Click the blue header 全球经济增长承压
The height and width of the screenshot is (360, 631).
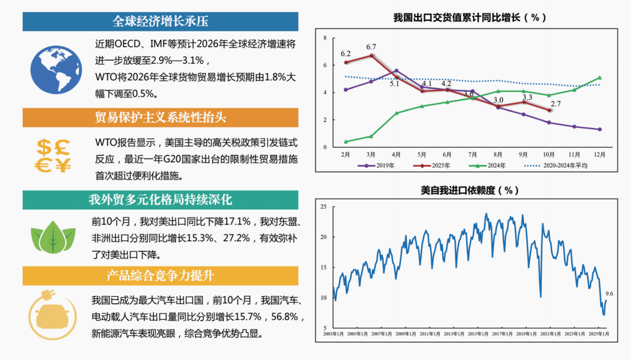coord(160,22)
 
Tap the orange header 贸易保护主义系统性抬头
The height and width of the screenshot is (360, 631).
coord(160,117)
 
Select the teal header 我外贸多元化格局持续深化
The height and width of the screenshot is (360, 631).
coord(160,200)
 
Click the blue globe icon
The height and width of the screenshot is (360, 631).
coord(56,69)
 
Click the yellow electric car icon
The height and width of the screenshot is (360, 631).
coord(53,316)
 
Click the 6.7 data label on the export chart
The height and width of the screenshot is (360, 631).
coord(371,47)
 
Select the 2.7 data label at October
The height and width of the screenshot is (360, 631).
coord(556,103)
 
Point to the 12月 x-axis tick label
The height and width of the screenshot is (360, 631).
coord(599,155)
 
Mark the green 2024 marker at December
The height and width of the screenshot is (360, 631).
coord(599,78)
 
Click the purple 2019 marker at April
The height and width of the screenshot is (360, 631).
coord(396,71)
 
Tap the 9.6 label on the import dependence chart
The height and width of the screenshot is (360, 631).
coord(609,293)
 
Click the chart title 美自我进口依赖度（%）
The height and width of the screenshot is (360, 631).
coord(470,191)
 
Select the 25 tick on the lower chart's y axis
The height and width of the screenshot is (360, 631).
coord(323,207)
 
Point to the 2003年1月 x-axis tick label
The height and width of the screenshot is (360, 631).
coord(334,334)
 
